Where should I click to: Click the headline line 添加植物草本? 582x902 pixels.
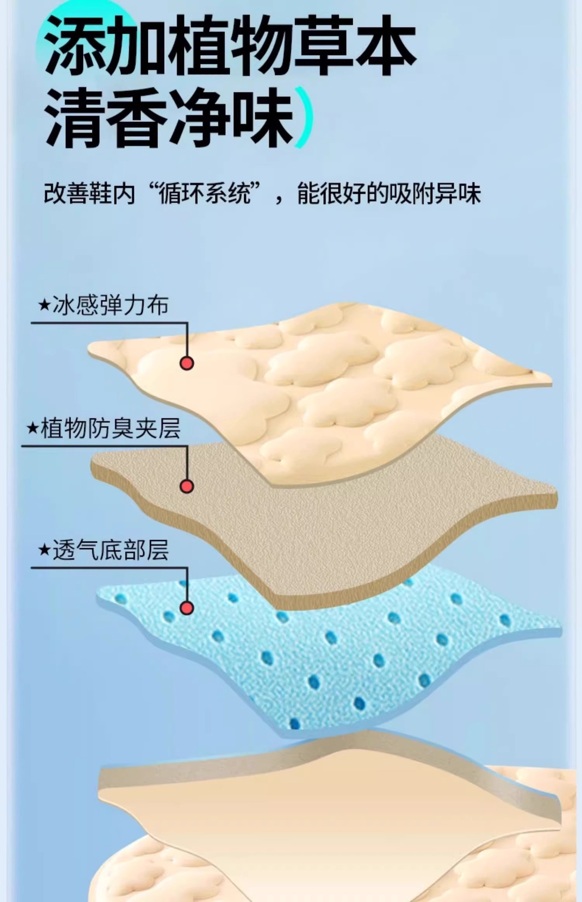[x=230, y=47]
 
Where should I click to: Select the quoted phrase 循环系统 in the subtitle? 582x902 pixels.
[x=204, y=194]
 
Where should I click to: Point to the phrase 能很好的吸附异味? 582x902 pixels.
[x=390, y=194]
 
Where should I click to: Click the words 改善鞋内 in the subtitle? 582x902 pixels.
[x=89, y=194]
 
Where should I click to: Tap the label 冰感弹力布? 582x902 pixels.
[x=110, y=306]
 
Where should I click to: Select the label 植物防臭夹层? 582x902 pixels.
[x=110, y=428]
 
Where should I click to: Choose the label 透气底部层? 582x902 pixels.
[x=110, y=550]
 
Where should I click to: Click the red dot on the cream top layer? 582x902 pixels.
[x=187, y=363]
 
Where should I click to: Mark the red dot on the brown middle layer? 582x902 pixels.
[x=187, y=486]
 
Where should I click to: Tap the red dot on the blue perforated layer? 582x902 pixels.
[x=187, y=608]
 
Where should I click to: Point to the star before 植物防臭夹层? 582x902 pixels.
[x=33, y=428]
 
